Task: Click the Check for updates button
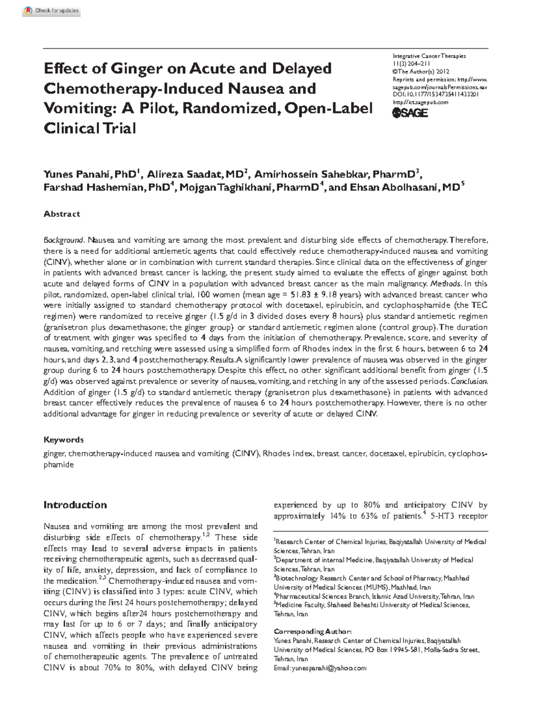[51, 10]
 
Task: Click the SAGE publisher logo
[410, 113]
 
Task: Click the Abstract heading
[61, 214]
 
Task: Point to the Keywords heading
[63, 439]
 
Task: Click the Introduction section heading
[75, 505]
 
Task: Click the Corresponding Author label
[312, 632]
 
